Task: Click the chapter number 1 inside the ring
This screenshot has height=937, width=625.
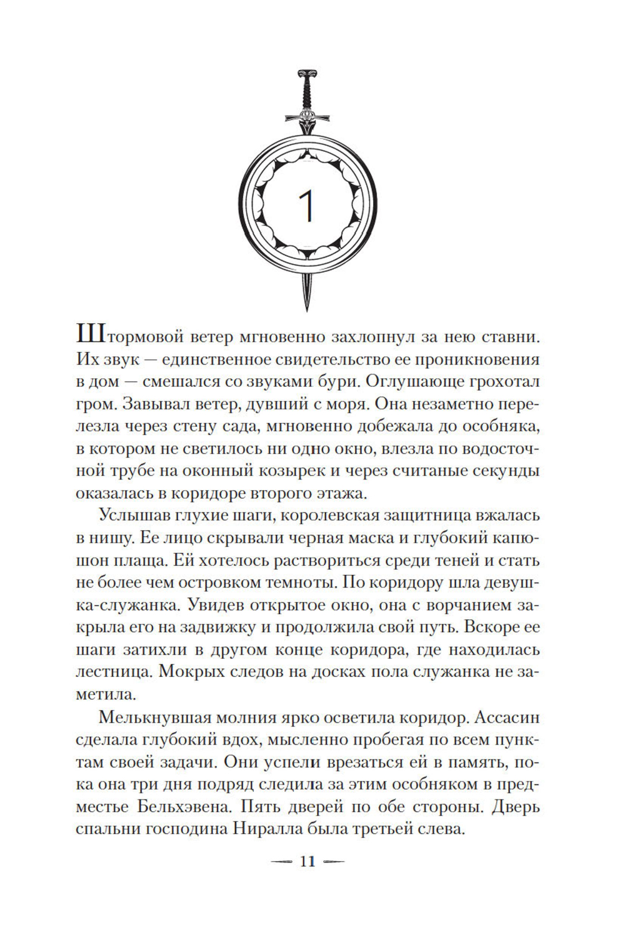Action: pos(306,208)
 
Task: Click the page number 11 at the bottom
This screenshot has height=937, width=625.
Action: pos(306,861)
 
